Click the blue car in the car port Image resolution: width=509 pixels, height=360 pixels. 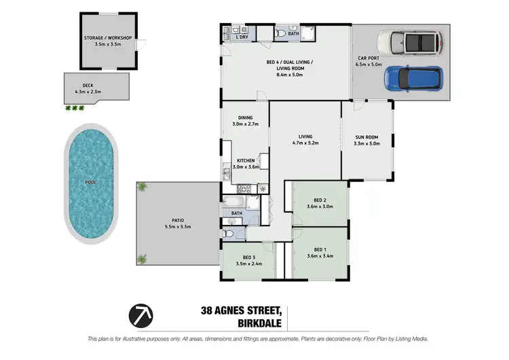[413, 78]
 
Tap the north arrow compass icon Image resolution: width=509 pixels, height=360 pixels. [140, 314]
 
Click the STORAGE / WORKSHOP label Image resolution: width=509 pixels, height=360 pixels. [107, 41]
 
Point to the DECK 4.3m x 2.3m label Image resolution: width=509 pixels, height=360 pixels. [89, 88]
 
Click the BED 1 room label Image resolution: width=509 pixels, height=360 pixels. [320, 253]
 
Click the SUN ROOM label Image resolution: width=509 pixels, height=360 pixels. [366, 140]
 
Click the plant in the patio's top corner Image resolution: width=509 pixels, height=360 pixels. [143, 187]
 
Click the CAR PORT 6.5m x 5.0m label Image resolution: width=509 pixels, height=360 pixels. [372, 62]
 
